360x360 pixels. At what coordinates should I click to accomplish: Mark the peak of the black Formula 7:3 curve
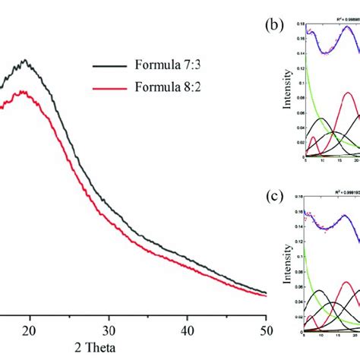click(26, 60)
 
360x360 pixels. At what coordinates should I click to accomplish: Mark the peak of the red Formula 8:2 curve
click(24, 92)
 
